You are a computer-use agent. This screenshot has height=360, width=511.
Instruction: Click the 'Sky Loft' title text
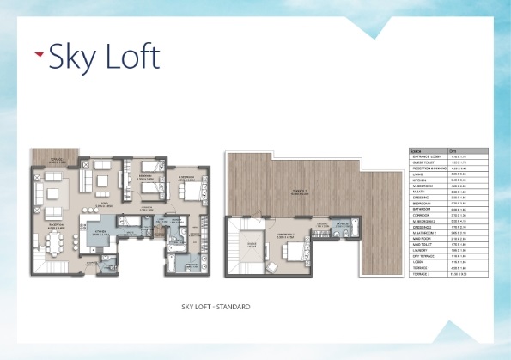pos(104,58)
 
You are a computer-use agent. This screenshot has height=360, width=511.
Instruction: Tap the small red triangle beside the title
pos(39,54)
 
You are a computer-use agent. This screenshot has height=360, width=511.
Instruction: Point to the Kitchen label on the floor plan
pos(102,231)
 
